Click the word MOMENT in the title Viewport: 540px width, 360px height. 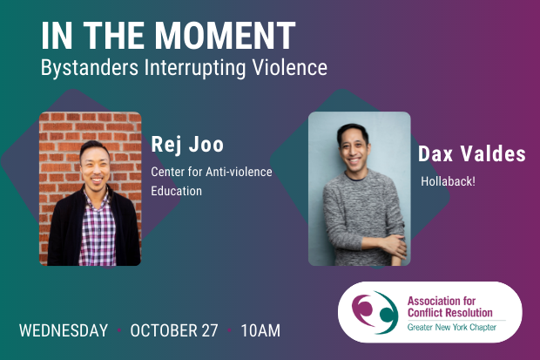pyautogui.click(x=225, y=35)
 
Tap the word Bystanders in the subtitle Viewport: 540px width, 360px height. pyautogui.click(x=90, y=67)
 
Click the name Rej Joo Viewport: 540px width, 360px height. pyautogui.click(x=187, y=145)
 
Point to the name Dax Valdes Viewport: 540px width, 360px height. pyautogui.click(x=472, y=153)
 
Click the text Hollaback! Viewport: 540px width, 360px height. pyautogui.click(x=448, y=181)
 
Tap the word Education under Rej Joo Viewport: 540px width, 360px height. pyautogui.click(x=176, y=191)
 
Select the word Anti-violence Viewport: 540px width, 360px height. pyautogui.click(x=239, y=172)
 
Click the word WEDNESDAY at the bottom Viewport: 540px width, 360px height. pyautogui.click(x=64, y=330)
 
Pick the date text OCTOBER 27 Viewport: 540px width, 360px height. pyautogui.click(x=174, y=330)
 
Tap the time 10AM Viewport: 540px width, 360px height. pyautogui.click(x=260, y=330)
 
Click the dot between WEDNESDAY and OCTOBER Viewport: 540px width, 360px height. pyautogui.click(x=119, y=330)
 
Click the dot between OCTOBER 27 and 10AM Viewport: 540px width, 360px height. pyautogui.click(x=229, y=330)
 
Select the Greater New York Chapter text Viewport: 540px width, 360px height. pyautogui.click(x=452, y=327)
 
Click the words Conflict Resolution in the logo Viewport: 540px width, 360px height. pyautogui.click(x=449, y=312)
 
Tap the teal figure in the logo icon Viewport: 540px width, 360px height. pyautogui.click(x=388, y=312)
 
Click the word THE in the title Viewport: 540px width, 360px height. pyautogui.click(x=114, y=35)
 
